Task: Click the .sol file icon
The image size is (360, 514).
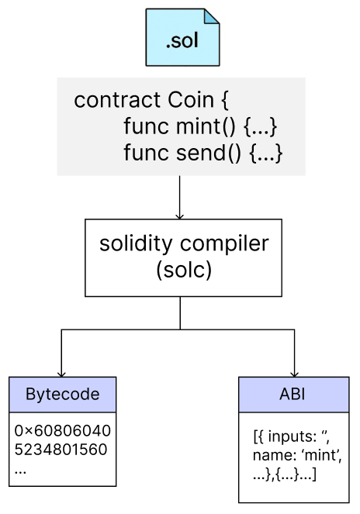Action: pos(182,37)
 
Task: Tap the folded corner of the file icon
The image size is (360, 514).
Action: pos(211,17)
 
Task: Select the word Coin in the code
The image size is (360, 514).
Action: pos(191,100)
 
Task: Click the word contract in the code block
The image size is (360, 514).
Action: pos(117,100)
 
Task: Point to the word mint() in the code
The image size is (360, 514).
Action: pos(206,126)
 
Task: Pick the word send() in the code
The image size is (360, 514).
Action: pos(209,153)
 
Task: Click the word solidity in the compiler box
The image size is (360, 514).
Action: pos(136,244)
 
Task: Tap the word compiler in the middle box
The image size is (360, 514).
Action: pos(224,244)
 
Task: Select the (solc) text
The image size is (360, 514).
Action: pos(184,271)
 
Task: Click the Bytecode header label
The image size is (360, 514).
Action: pos(62,394)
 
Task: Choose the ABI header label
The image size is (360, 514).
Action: pos(292,394)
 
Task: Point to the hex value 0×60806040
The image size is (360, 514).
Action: pos(63,430)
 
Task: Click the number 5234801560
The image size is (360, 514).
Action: pos(61,449)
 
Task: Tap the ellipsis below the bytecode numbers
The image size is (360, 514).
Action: pos(20,472)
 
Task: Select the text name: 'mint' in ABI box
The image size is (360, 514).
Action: pos(297,455)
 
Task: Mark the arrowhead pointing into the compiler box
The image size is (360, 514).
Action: pos(179,216)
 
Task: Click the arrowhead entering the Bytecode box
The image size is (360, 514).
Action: pos(61,374)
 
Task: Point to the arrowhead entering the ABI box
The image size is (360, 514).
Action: pos(294,374)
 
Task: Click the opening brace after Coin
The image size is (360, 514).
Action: pos(225,100)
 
